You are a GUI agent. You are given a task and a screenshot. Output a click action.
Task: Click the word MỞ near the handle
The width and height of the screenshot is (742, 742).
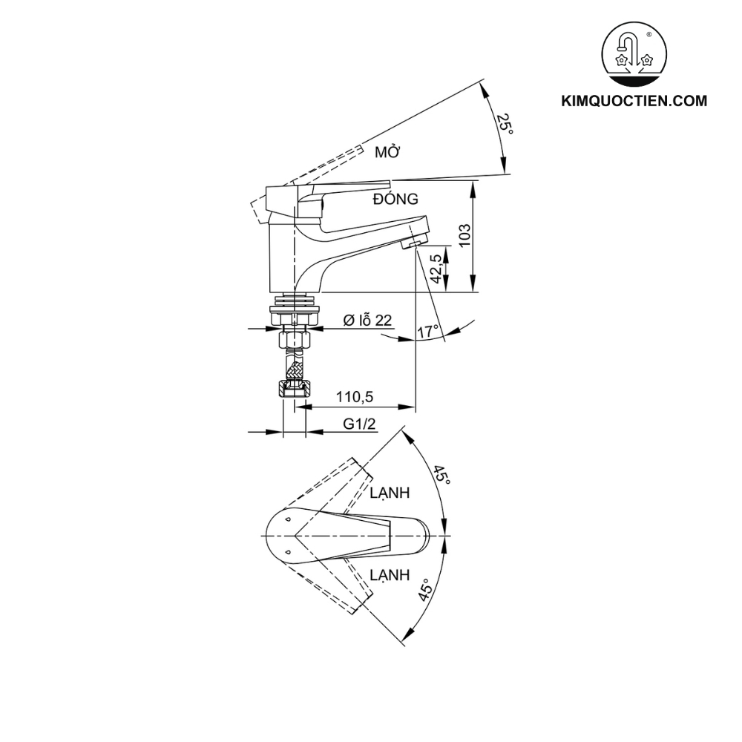coord(387,153)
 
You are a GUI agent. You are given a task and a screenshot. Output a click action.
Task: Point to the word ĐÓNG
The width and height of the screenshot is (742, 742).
coord(396,199)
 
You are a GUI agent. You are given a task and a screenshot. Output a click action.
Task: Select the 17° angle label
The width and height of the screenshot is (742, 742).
coord(427,332)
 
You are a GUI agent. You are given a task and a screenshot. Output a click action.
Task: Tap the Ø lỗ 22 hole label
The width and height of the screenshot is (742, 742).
coord(367,320)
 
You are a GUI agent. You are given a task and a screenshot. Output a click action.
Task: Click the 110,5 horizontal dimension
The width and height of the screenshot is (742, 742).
coord(354,398)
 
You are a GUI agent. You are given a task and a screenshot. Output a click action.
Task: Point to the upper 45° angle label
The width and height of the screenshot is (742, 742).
coord(442,475)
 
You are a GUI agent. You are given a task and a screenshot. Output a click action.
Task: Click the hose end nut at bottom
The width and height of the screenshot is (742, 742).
coord(295,388)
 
